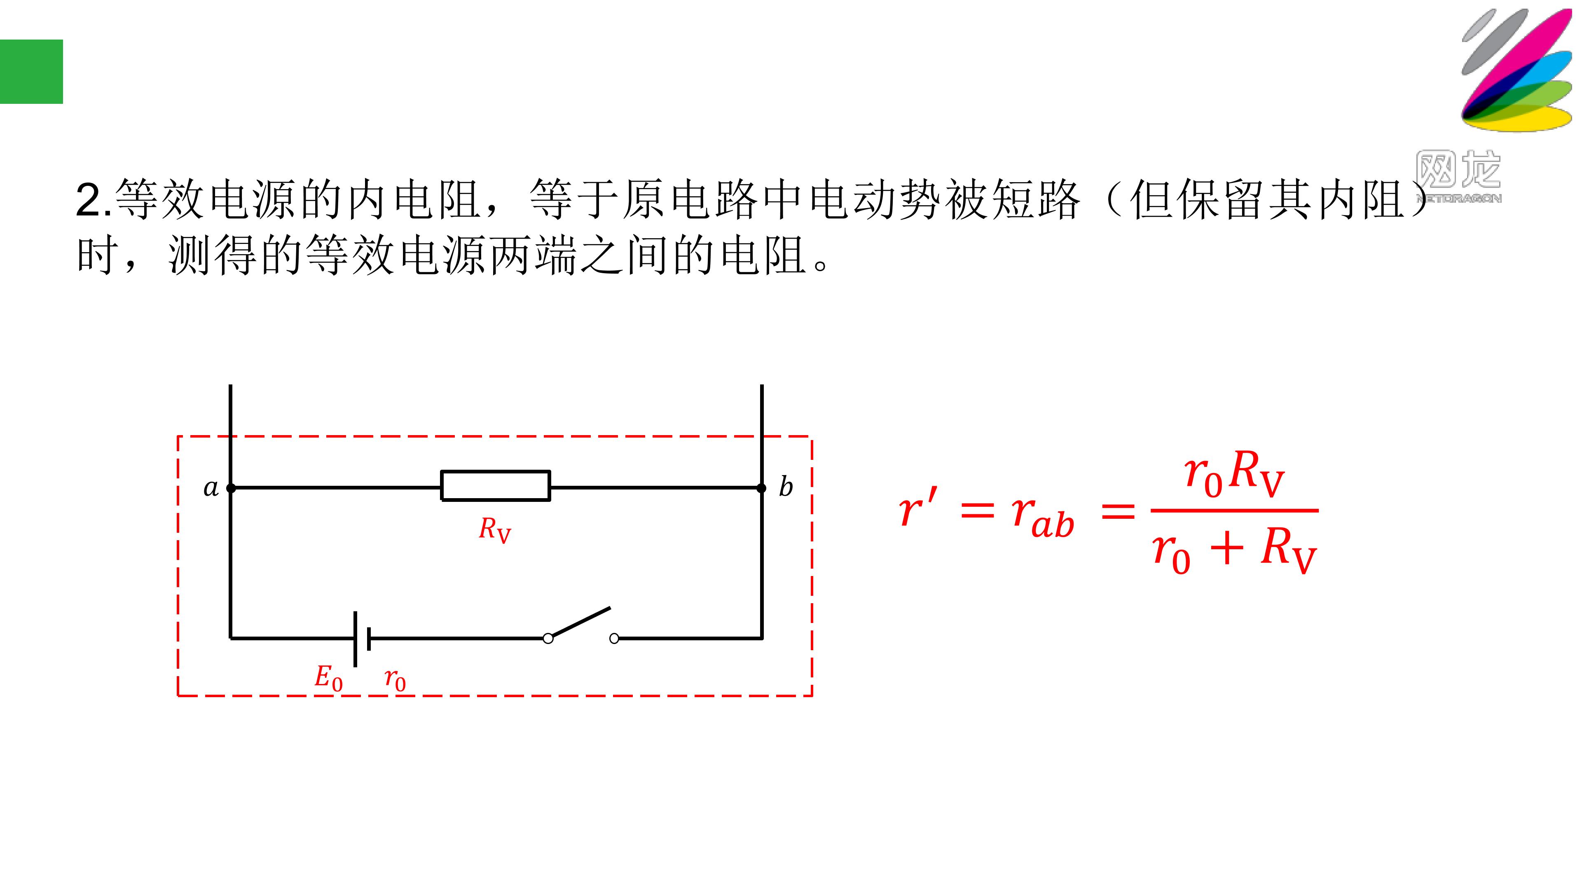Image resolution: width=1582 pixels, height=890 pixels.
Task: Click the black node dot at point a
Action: [231, 488]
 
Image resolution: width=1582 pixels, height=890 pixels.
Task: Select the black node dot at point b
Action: [761, 488]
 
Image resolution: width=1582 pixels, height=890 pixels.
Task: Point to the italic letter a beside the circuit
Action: [211, 488]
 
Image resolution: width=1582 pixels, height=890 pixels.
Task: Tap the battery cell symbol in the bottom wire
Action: [362, 639]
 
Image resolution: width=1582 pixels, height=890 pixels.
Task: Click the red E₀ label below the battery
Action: [329, 678]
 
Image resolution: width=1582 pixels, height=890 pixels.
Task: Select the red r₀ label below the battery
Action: [395, 679]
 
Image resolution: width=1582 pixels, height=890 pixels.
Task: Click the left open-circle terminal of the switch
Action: [548, 639]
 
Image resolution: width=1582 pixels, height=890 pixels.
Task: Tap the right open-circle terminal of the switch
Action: [614, 639]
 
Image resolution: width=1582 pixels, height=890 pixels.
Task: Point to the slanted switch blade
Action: [580, 622]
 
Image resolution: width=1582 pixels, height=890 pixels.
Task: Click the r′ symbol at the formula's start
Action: [918, 507]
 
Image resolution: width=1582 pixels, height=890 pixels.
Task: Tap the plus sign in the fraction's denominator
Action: [1226, 548]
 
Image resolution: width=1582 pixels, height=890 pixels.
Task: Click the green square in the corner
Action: [31, 72]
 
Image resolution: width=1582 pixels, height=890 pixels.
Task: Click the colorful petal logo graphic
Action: [1516, 69]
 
